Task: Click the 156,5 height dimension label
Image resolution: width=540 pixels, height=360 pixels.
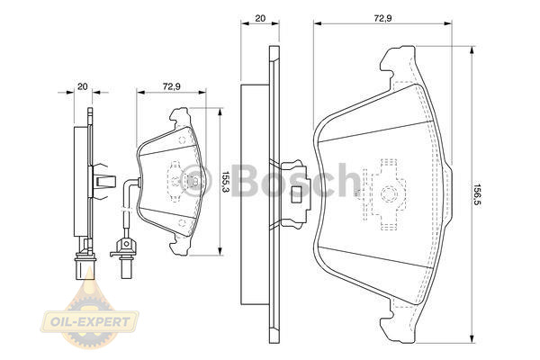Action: point(477,194)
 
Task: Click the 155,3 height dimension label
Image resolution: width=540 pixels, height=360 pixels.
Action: point(225,182)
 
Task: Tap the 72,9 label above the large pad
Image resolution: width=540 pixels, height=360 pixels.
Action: point(382,18)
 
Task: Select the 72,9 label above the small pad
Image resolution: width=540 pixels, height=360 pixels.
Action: point(172,86)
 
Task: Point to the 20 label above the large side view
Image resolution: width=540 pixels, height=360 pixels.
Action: point(260,18)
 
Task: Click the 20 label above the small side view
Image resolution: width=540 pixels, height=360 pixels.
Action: point(82,86)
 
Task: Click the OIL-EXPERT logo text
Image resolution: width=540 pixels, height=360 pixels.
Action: point(90,322)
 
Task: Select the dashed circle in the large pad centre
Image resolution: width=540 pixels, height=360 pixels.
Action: point(389,194)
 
